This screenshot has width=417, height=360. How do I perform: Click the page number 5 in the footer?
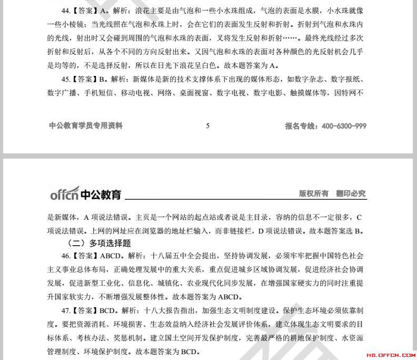[x=208, y=126]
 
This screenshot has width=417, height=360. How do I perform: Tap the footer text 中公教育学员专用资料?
[x=86, y=126]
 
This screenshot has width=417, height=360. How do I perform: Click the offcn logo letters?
[x=64, y=194]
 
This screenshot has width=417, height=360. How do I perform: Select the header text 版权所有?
[x=314, y=194]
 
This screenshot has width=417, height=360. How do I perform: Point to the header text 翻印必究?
[x=351, y=194]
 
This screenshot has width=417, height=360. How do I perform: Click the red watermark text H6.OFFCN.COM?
[x=390, y=355]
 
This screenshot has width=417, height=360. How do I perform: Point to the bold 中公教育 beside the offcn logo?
[x=101, y=195]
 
